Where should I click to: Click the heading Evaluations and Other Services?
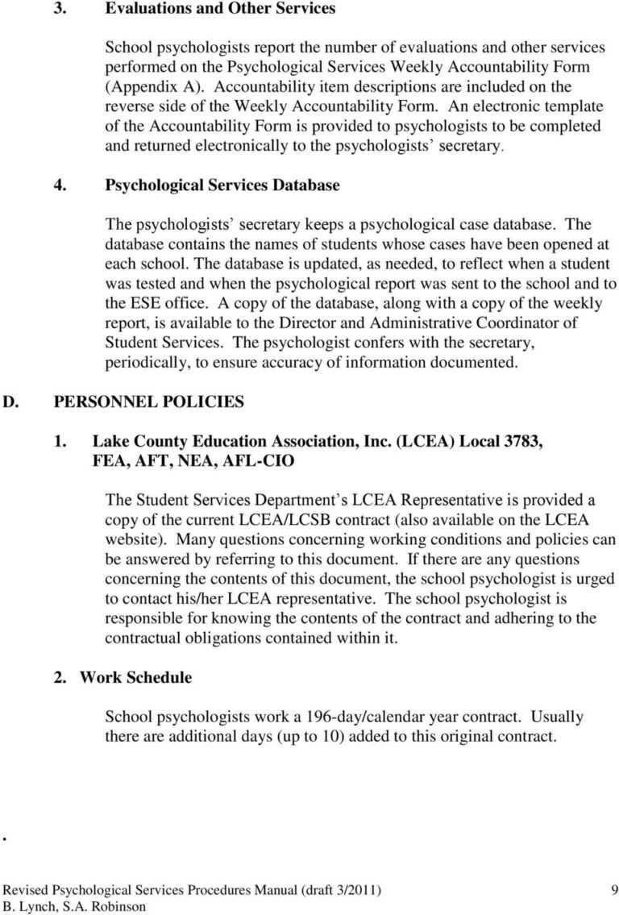coord(221,9)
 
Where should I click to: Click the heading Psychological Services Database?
coord(222,185)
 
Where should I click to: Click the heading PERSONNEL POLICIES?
coord(148,401)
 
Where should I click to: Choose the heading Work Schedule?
coord(135,677)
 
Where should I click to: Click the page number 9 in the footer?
coord(614,890)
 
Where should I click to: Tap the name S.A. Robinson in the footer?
coord(103,906)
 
